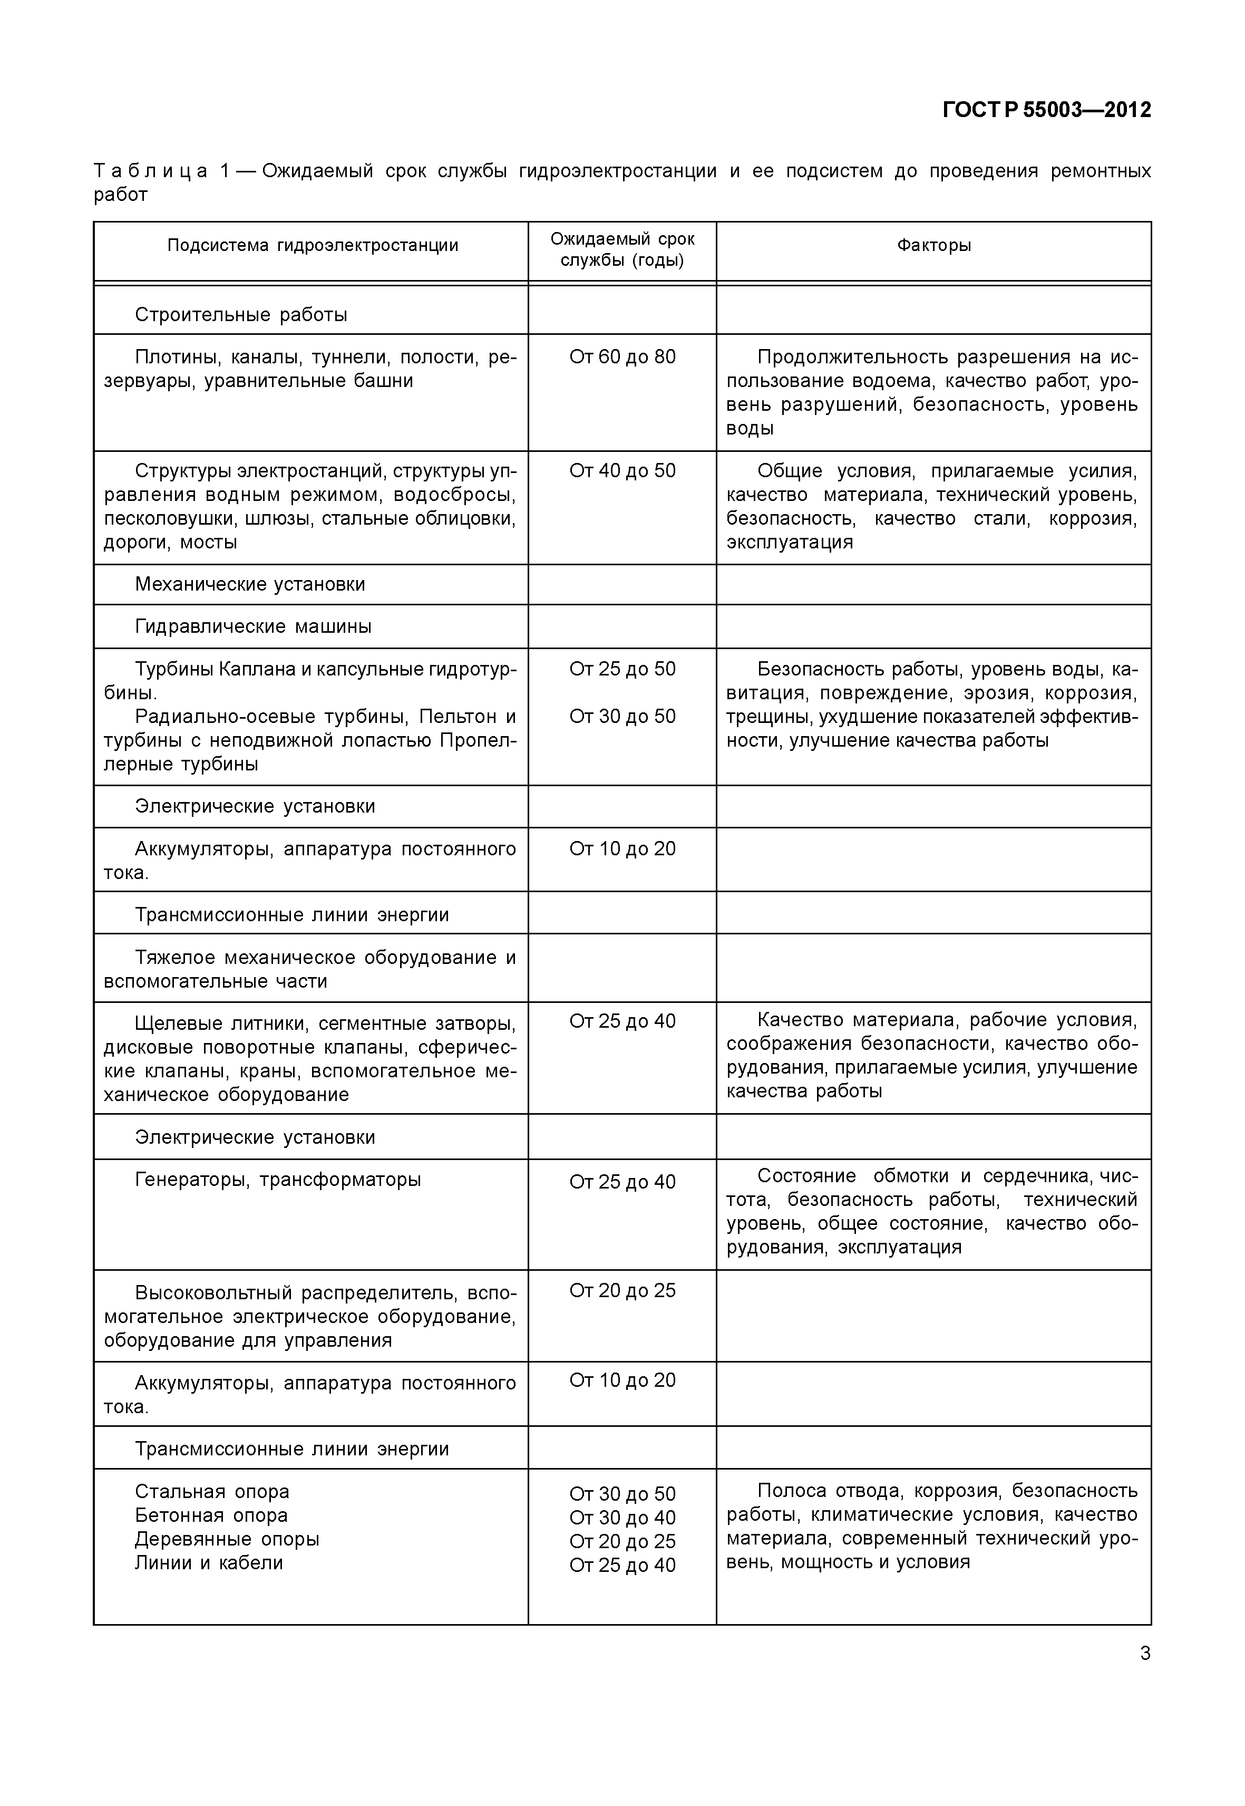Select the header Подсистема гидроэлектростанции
[312, 245]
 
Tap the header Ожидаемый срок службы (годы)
[622, 249]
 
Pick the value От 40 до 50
[622, 471]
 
